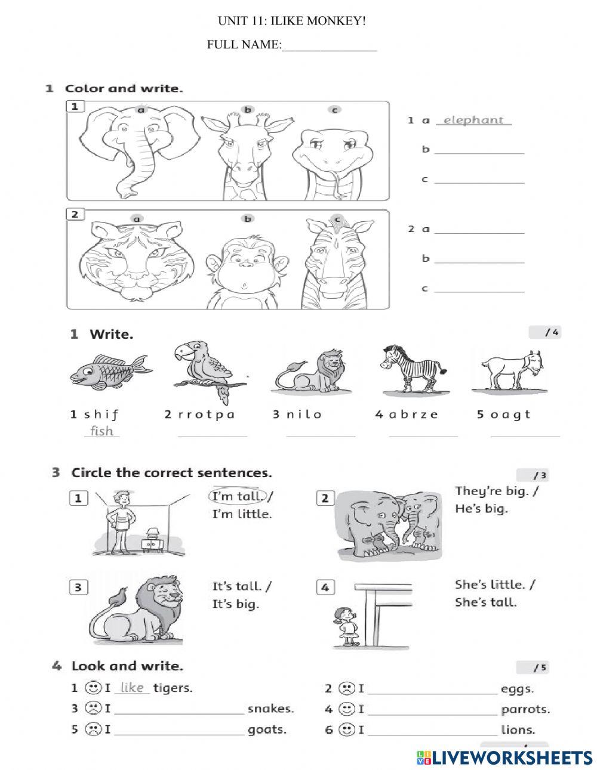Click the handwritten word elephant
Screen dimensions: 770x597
coord(473,120)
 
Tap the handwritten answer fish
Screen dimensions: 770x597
coord(101,431)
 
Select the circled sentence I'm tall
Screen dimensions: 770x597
coord(238,496)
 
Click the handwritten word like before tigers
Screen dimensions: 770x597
coord(132,688)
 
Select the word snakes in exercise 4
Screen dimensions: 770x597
coord(270,709)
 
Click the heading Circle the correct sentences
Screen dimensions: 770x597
coord(171,473)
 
